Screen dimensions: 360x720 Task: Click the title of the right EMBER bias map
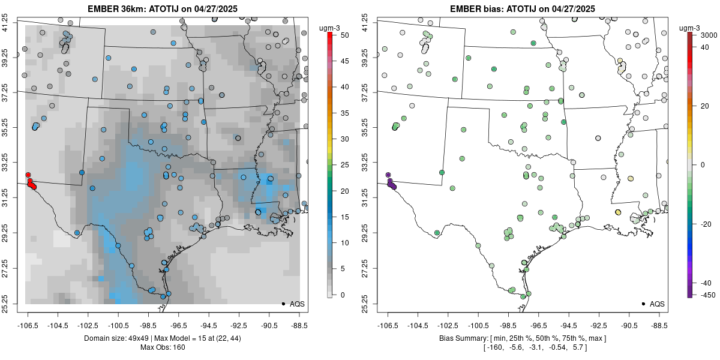click(x=523, y=8)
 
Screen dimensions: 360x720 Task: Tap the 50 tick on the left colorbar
click(x=344, y=35)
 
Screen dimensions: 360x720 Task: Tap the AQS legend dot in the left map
click(x=283, y=304)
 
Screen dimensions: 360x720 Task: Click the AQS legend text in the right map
click(x=657, y=304)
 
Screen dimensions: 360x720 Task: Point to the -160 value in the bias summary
click(x=494, y=347)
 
